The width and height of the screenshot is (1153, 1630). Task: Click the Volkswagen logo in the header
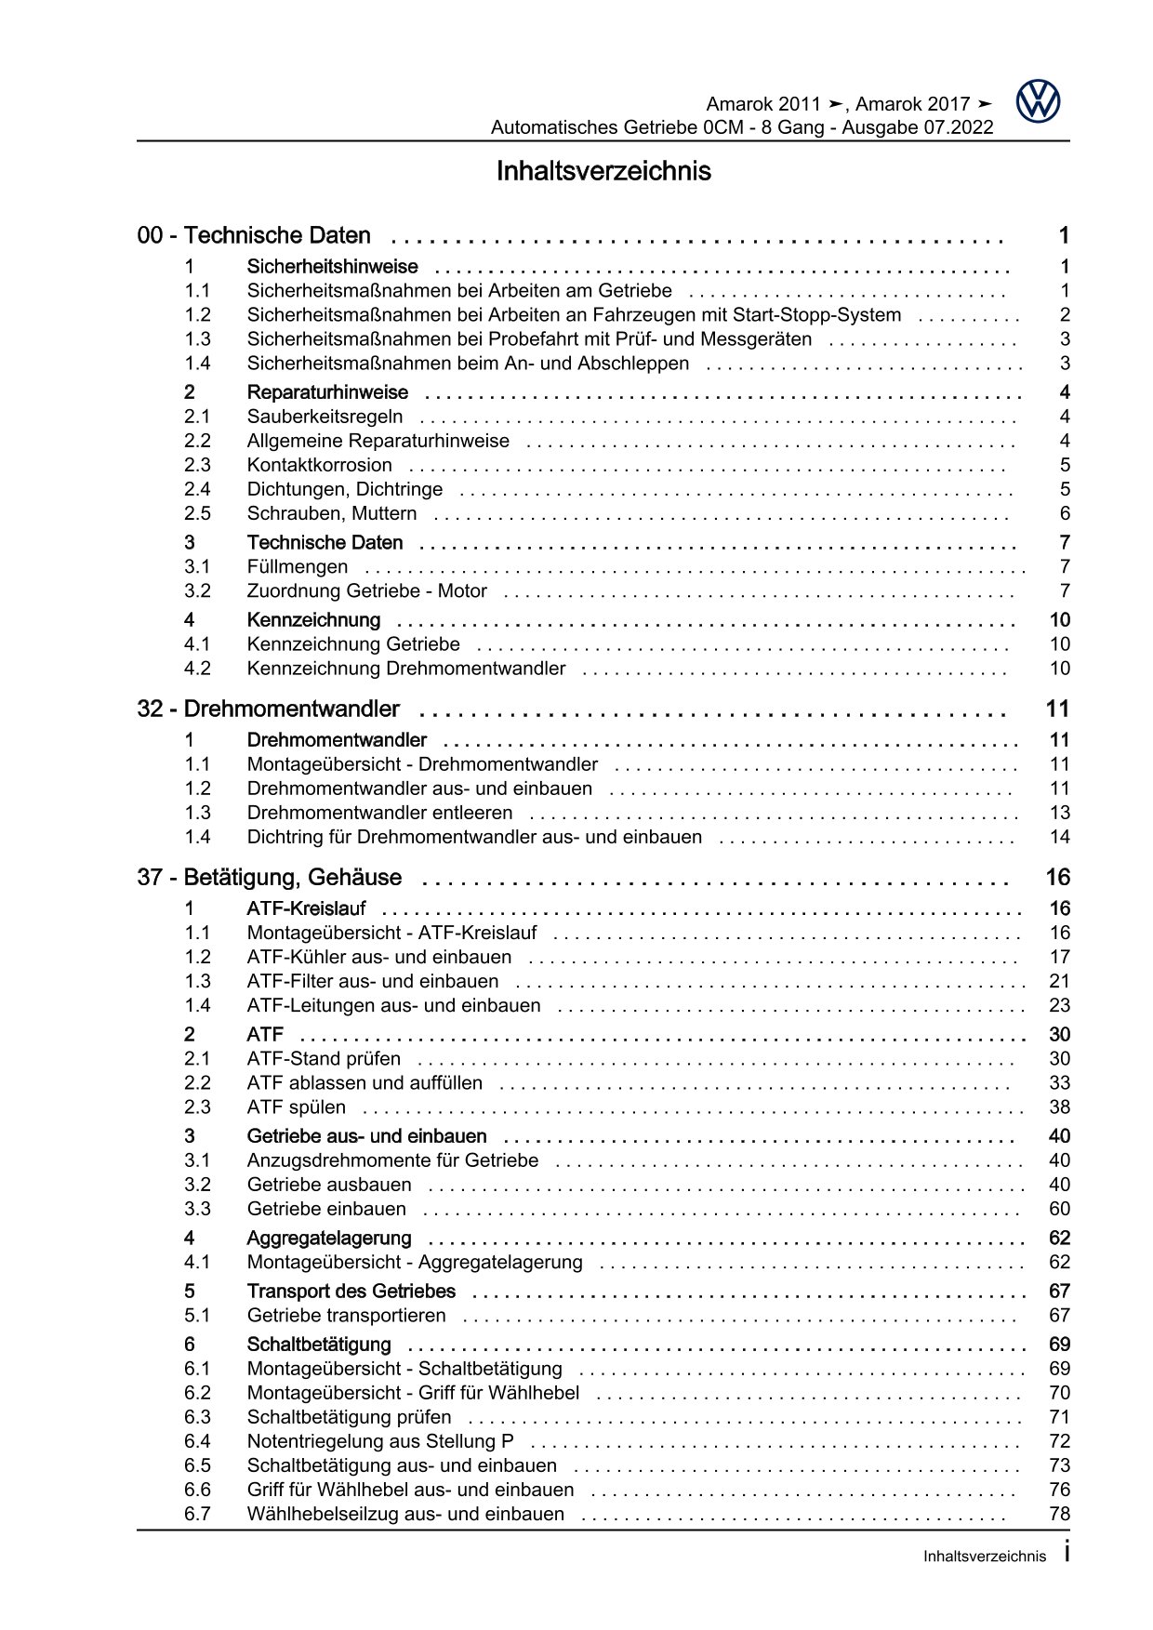1037,101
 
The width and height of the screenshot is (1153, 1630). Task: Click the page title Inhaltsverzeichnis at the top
603,172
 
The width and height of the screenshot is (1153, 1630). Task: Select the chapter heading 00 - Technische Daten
254,236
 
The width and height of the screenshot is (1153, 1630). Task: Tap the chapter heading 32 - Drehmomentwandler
268,709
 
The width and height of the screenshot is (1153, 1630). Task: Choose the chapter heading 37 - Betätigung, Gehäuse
270,878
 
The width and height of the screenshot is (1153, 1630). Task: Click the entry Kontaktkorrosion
319,465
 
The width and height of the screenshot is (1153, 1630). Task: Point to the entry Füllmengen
297,566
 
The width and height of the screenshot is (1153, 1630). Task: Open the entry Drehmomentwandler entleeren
379,813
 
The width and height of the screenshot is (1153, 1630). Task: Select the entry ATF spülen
296,1107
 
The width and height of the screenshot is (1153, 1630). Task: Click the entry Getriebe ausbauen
328,1185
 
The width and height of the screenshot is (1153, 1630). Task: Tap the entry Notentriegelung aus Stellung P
379,1441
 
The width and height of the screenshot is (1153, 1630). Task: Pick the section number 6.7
197,1514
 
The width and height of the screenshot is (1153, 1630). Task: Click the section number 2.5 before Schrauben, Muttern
197,513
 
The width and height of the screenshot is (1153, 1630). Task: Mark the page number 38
1059,1107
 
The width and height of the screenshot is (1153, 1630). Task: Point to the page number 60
1059,1209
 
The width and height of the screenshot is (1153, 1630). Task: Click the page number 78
1059,1514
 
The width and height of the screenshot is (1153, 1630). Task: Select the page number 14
1059,837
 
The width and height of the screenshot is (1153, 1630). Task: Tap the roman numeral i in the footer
1067,1554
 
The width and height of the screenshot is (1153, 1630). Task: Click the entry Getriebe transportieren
346,1316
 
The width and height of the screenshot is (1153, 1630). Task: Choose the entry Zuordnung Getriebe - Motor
366,590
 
